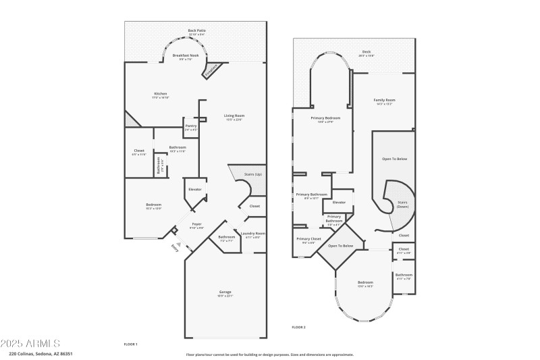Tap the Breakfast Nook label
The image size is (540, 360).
(x=186, y=57)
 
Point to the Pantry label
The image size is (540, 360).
(x=191, y=127)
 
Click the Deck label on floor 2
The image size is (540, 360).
(x=366, y=51)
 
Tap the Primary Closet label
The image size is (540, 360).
(x=308, y=240)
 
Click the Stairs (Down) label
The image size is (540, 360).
(x=402, y=204)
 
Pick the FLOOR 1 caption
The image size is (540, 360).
(x=131, y=344)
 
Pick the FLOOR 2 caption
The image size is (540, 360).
(x=298, y=327)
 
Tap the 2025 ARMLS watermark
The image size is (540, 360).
(x=31, y=343)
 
